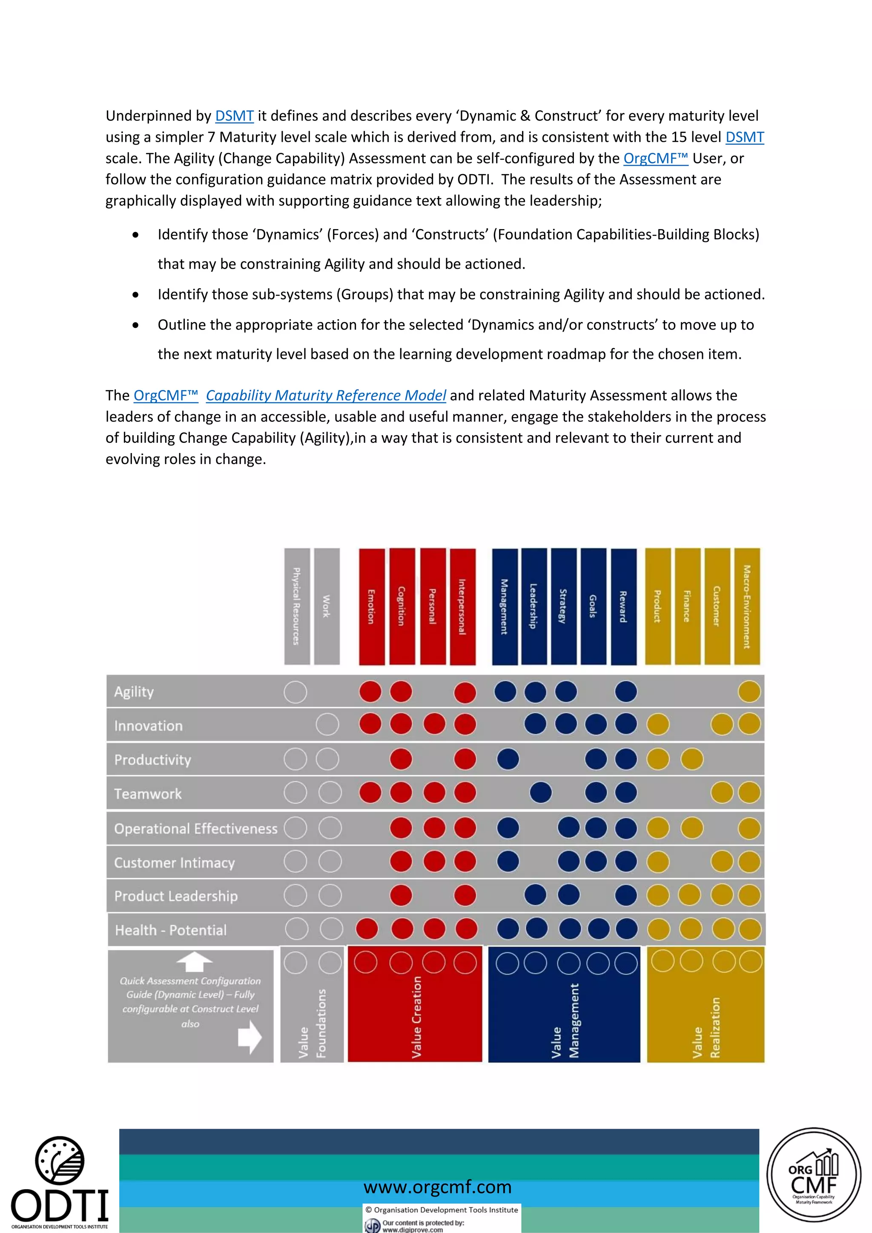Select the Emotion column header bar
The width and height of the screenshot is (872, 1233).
(372, 606)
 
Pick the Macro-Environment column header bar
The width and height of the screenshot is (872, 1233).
(747, 606)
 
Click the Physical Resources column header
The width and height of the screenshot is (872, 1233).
(297, 606)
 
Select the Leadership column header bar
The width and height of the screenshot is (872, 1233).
(534, 606)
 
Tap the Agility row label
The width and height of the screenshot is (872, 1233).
(134, 692)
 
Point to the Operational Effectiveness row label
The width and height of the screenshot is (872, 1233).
(195, 828)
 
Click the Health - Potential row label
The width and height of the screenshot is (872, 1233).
(171, 930)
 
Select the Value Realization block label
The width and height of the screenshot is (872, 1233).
(706, 1027)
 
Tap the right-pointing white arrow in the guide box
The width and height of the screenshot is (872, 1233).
(250, 1037)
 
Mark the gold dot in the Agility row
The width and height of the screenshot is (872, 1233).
(749, 692)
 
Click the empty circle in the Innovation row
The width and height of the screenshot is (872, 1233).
(327, 725)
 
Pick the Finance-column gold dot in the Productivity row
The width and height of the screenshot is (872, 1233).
(691, 760)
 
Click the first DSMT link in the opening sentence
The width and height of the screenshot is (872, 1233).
(234, 116)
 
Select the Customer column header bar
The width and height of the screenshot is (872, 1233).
(717, 606)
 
